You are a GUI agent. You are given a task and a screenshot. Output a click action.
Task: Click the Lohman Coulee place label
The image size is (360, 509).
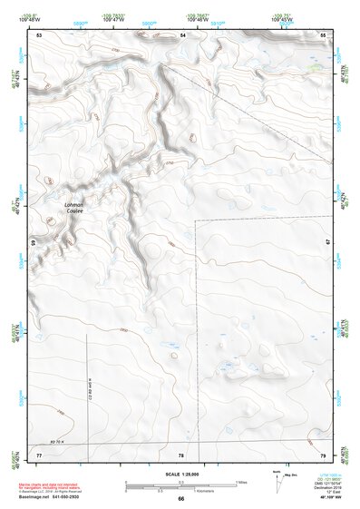click(73, 208)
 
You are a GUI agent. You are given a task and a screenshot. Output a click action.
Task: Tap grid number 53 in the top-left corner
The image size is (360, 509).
click(39, 34)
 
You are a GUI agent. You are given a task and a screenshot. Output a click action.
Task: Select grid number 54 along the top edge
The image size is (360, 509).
click(182, 34)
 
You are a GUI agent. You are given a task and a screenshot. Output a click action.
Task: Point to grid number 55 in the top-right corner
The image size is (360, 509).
click(323, 34)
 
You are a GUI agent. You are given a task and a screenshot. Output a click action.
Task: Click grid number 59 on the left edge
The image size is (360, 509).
click(34, 243)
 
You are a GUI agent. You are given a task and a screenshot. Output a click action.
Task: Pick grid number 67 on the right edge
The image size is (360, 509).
click(326, 240)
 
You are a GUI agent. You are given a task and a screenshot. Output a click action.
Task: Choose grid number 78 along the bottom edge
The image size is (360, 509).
click(181, 454)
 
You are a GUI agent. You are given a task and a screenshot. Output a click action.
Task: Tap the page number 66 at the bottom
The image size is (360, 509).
click(180, 499)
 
